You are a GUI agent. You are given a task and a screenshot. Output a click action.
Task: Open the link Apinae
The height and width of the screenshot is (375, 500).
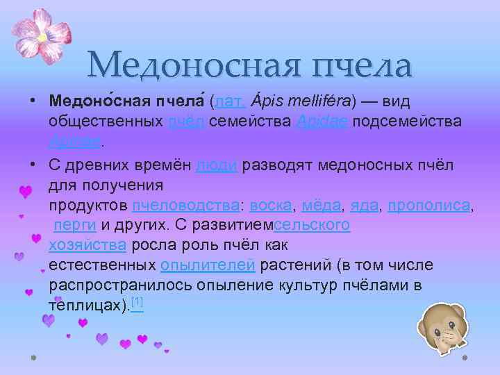tap(74, 142)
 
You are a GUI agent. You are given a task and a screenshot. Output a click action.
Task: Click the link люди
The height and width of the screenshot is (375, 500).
tap(219, 165)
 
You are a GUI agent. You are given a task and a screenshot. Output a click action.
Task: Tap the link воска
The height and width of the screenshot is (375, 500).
tap(272, 206)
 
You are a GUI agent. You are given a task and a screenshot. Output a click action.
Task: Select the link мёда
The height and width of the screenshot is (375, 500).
tap(322, 206)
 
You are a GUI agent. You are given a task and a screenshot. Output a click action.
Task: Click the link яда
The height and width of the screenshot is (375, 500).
tap(365, 206)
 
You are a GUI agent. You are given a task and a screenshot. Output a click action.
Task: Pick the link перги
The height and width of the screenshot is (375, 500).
tap(75, 226)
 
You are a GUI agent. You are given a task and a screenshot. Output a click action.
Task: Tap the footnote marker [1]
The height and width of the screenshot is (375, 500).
tap(137, 302)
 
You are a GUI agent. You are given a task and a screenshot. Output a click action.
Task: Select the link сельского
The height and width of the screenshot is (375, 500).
tap(312, 226)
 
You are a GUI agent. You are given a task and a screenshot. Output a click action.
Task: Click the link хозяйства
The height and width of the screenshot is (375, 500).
tap(87, 245)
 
